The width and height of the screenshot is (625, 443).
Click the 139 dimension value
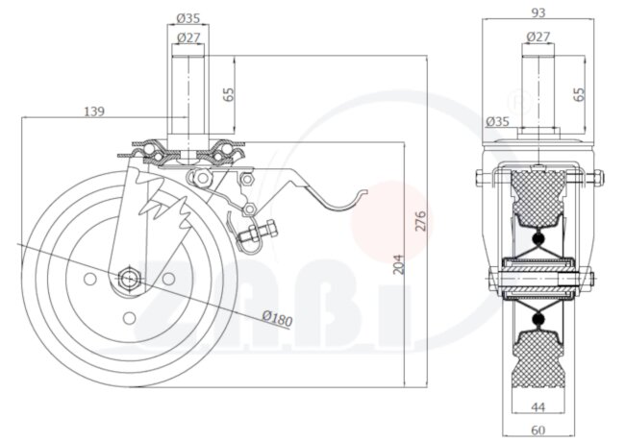(x=93, y=112)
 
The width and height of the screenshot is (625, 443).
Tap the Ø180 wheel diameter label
(x=276, y=317)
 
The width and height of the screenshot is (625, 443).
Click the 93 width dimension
(x=537, y=12)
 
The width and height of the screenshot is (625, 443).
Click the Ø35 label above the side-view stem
(x=188, y=17)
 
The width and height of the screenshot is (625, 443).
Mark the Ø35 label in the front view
(x=497, y=122)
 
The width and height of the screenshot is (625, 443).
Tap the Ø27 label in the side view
(x=188, y=38)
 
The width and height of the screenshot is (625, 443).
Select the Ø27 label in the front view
(x=537, y=37)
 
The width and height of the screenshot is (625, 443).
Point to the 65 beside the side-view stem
(x=229, y=94)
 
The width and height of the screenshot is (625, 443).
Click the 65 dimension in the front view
(x=579, y=94)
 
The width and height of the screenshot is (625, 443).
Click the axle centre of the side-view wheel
(x=128, y=279)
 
